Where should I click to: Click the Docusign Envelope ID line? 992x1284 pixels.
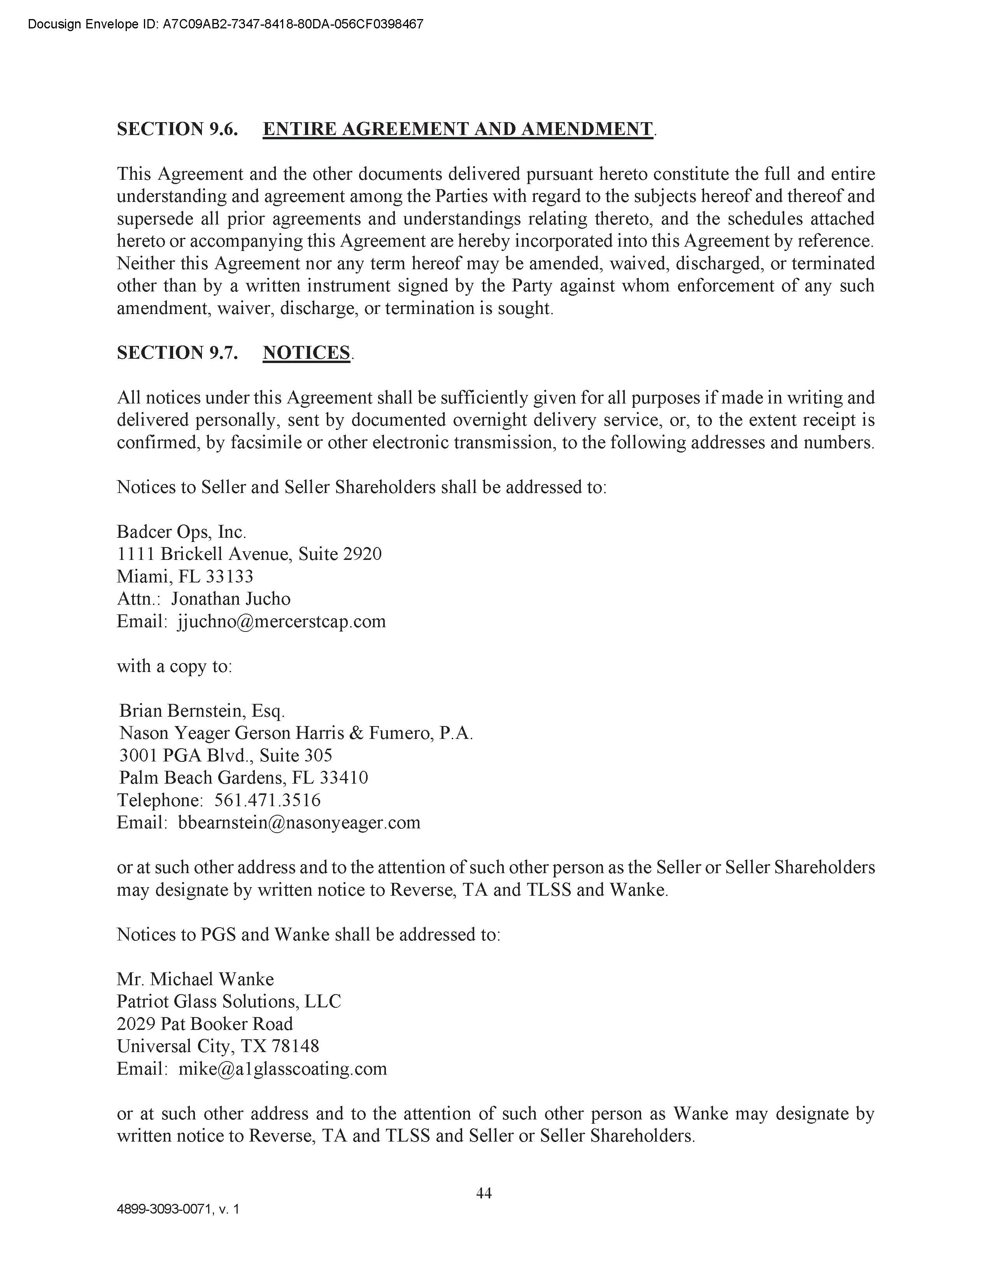[225, 25]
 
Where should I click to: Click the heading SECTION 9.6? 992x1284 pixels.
[177, 129]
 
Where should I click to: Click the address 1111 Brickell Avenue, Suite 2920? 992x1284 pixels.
[249, 554]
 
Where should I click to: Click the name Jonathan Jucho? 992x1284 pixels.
[231, 598]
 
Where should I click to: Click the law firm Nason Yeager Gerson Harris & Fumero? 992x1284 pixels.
[296, 733]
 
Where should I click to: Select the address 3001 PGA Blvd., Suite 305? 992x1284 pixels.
[226, 756]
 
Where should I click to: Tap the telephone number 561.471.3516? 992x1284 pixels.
[267, 800]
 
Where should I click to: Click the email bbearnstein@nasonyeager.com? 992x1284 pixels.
[299, 823]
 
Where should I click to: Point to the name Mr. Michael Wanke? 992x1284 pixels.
[195, 979]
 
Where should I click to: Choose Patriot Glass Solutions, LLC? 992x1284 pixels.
[229, 1001]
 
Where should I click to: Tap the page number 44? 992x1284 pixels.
[484, 1193]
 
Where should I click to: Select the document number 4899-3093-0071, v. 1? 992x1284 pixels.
[178, 1209]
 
